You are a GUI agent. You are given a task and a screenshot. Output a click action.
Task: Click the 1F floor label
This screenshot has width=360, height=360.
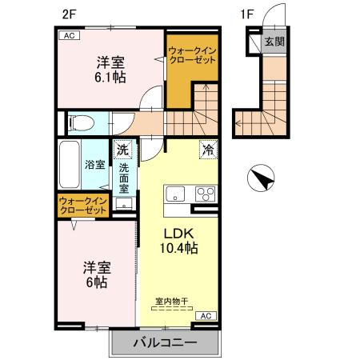248,13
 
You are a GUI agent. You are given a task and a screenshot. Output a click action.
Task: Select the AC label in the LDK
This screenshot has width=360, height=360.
204,316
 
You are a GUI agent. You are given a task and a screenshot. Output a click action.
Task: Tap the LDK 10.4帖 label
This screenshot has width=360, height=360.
182,241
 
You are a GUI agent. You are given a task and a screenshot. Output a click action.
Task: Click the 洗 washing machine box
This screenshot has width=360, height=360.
122,149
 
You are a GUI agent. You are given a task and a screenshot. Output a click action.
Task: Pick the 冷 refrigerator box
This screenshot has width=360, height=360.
207,150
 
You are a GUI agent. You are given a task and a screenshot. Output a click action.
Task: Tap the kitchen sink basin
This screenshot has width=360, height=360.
175,194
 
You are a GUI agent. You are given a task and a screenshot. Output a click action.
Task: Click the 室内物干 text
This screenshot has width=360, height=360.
171,302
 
